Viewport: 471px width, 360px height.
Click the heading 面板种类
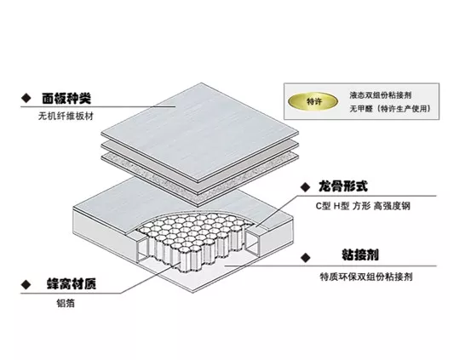[66, 98]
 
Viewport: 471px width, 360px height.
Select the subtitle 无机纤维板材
[66, 117]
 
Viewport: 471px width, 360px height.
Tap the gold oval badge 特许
[313, 101]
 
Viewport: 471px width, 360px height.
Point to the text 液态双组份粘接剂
[380, 95]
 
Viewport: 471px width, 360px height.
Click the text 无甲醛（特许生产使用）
[390, 108]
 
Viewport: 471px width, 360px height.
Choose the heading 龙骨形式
[343, 186]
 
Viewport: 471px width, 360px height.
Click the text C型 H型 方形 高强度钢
[363, 206]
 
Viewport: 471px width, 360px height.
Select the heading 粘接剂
[360, 255]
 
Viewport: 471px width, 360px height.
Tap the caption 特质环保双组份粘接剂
[366, 277]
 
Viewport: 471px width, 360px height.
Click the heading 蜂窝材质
[72, 283]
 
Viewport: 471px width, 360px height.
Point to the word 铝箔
[66, 304]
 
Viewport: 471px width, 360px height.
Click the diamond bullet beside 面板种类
[26, 98]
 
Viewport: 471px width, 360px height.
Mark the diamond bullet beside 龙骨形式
[305, 187]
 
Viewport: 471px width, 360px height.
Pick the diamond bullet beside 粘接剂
[305, 257]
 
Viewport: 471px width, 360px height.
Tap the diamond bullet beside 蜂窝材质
[26, 284]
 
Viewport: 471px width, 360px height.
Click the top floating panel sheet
[200, 132]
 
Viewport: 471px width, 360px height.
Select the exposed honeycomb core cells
[192, 240]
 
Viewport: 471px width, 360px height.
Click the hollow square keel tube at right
[253, 240]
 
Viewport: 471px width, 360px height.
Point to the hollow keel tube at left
[142, 247]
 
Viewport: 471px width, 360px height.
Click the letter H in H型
[336, 206]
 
